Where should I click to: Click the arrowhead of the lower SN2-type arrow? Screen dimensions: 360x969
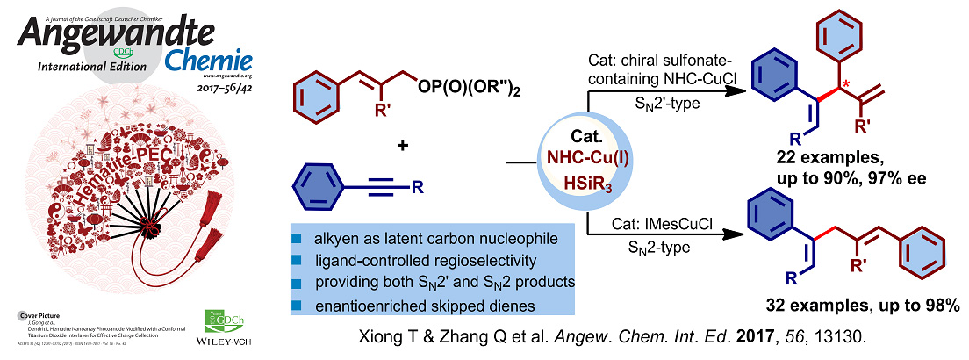[730, 234]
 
